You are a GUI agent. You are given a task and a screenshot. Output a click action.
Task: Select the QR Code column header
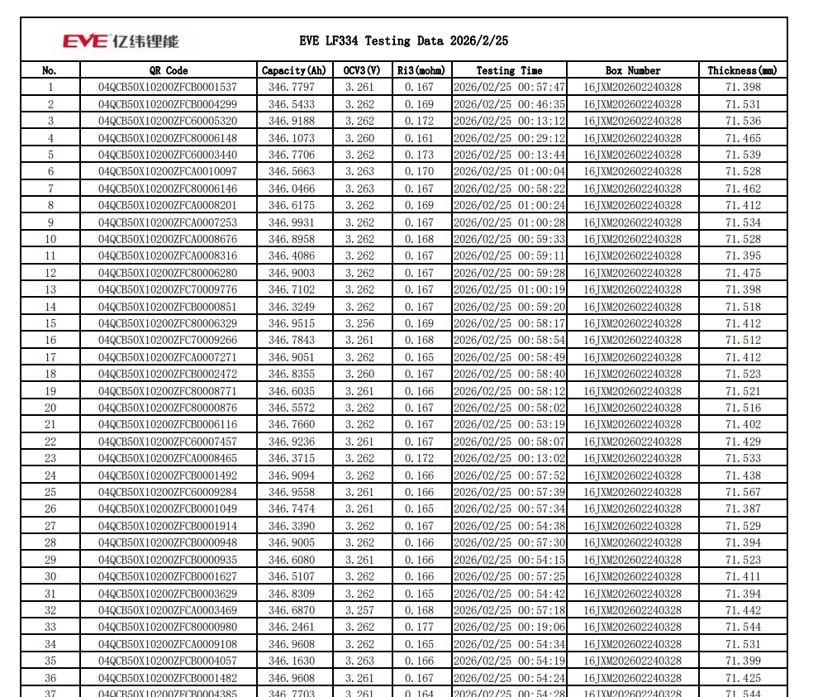168,71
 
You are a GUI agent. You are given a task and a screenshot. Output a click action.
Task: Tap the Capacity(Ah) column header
293,71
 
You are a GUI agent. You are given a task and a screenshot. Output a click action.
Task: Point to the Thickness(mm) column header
742,71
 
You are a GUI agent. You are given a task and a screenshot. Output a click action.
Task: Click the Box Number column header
632,71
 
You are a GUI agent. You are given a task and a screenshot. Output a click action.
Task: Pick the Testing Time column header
509,71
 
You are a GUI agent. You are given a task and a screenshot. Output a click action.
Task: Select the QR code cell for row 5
168,155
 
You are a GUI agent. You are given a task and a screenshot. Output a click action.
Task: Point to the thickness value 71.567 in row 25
743,492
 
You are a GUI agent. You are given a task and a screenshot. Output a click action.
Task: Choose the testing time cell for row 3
509,122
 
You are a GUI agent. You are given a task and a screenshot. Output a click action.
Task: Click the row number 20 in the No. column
50,408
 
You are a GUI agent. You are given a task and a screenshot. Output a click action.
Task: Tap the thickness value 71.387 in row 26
743,508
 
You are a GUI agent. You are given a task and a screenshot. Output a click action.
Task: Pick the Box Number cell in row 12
632,273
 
